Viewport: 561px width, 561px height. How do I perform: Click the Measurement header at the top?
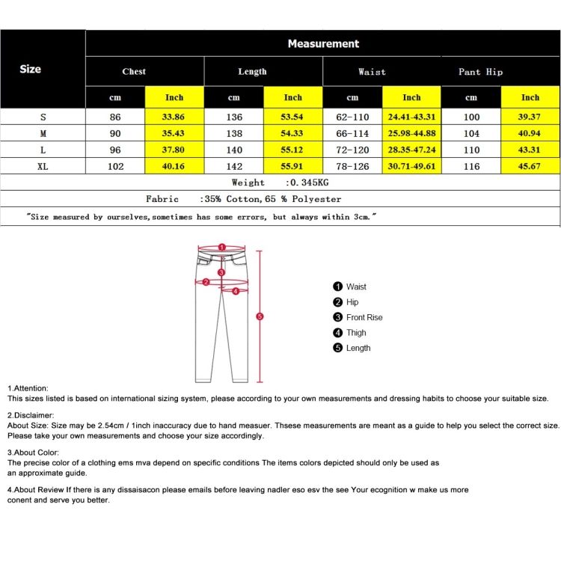323,44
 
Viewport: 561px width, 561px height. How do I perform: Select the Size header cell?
31,69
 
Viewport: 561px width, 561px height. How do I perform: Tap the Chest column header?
134,72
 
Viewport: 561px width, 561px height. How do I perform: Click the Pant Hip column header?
480,72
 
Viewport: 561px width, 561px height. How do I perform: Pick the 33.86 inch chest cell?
174,117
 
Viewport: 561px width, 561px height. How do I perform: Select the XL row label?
43,166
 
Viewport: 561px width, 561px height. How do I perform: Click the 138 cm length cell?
234,133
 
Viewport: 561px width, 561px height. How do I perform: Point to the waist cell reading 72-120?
352,150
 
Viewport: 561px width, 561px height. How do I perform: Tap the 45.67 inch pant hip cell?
530,166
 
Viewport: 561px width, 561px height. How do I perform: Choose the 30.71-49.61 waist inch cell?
411,166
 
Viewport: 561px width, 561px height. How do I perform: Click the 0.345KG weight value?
307,183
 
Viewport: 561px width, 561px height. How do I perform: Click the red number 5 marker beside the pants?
260,316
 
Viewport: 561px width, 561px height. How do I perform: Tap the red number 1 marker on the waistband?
221,247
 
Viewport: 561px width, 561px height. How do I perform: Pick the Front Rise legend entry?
364,317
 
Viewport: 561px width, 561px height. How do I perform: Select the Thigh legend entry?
356,333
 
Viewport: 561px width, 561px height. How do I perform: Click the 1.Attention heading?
28,388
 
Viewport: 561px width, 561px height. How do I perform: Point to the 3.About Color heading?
33,453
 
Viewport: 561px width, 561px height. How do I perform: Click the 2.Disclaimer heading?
31,414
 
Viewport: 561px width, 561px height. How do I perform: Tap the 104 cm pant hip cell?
471,133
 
